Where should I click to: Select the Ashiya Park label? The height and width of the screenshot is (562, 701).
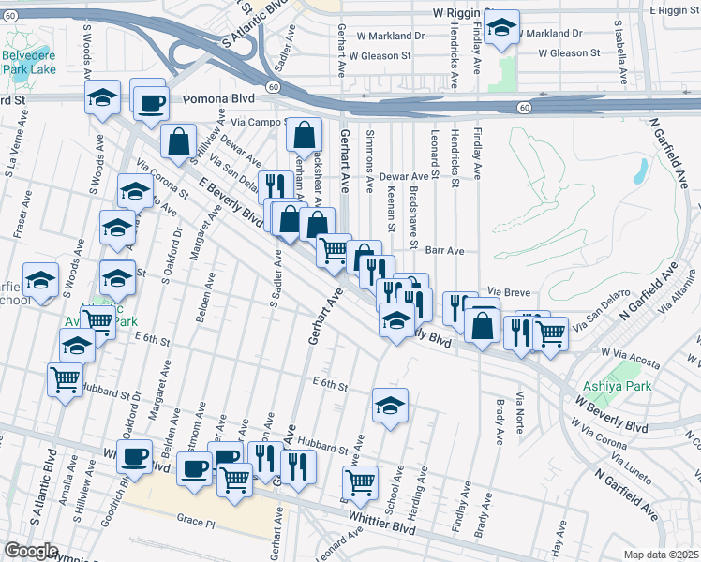[611, 385]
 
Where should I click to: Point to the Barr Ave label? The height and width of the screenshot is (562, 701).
[445, 251]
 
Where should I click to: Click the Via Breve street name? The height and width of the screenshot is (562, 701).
[510, 292]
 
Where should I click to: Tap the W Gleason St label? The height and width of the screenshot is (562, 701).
[380, 55]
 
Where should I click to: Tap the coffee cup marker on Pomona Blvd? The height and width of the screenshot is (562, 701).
[150, 104]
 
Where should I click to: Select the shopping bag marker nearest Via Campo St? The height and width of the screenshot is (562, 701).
[305, 136]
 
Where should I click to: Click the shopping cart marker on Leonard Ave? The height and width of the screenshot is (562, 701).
[362, 482]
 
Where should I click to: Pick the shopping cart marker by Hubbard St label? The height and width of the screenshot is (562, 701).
[65, 380]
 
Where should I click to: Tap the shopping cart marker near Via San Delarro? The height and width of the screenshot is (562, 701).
[550, 333]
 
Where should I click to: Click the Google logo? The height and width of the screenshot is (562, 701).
[31, 551]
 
